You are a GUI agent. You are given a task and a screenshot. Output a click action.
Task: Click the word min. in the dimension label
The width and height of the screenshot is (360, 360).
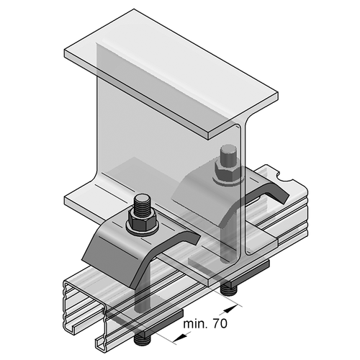pos(195,324)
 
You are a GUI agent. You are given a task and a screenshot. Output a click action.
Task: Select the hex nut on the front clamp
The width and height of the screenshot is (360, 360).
pos(143,219)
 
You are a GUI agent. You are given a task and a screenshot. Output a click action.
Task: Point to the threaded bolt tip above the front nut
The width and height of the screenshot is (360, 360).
pos(142,204)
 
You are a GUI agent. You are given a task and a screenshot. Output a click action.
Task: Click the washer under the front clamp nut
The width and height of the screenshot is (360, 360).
pos(143,229)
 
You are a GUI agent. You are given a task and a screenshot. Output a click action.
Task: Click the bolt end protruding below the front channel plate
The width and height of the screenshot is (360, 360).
pos(143,339)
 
